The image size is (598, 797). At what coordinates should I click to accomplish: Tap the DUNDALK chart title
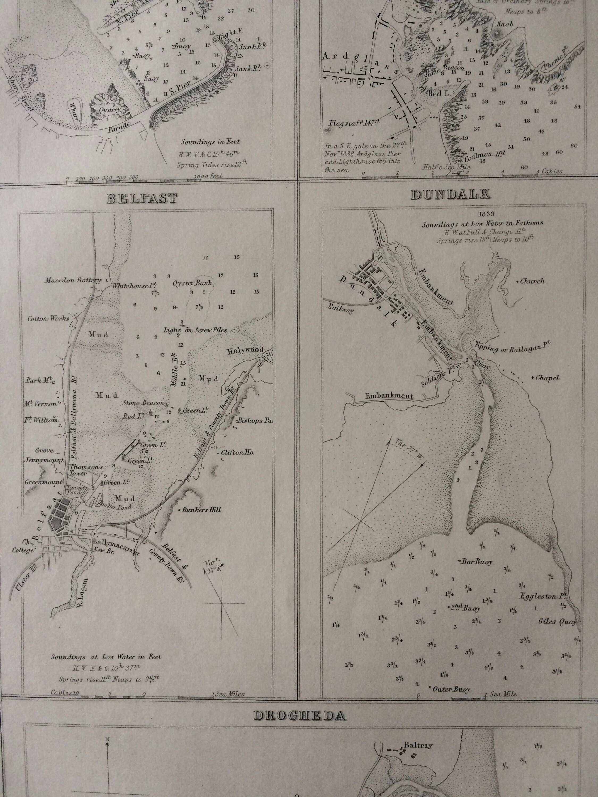(x=450, y=194)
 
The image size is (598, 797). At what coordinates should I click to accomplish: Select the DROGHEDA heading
(x=300, y=715)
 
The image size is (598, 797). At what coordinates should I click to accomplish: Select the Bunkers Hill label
(x=201, y=510)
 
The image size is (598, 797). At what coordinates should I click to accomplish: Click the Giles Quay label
(x=557, y=621)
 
